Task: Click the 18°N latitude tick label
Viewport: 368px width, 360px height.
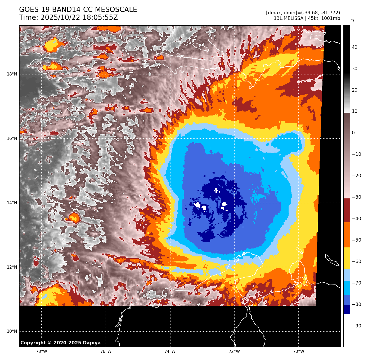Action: [12, 74]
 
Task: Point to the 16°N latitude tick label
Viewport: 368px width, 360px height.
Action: [12, 139]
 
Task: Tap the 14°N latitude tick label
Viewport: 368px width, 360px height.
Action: [12, 203]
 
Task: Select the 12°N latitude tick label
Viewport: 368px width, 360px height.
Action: [12, 267]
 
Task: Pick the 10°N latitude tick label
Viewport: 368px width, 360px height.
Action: [12, 331]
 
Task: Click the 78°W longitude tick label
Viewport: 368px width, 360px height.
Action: [42, 352]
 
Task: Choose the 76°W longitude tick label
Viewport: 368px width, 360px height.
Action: [106, 352]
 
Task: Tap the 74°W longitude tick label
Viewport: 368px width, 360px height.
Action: [170, 352]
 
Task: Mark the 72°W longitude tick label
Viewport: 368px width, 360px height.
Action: [234, 352]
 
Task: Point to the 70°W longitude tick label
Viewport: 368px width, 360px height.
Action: [299, 352]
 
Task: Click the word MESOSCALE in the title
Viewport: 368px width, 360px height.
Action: [116, 10]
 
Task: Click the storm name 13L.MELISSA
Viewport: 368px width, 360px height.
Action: [289, 19]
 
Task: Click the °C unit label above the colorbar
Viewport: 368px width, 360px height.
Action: [353, 21]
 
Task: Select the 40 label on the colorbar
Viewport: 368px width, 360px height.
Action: [354, 47]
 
